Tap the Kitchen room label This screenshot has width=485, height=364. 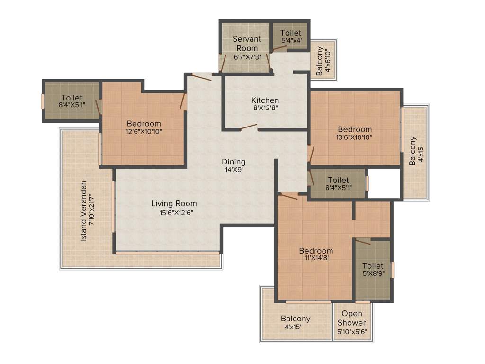265,100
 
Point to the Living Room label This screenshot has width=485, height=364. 174,204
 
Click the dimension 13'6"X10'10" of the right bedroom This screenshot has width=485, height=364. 355,137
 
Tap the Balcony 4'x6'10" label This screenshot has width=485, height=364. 323,61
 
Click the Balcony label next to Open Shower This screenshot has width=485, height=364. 296,318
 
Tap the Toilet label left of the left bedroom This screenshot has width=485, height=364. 71,98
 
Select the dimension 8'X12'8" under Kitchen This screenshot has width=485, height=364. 265,108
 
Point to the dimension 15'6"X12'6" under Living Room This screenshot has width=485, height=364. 174,212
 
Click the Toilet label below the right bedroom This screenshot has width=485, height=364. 338,180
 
